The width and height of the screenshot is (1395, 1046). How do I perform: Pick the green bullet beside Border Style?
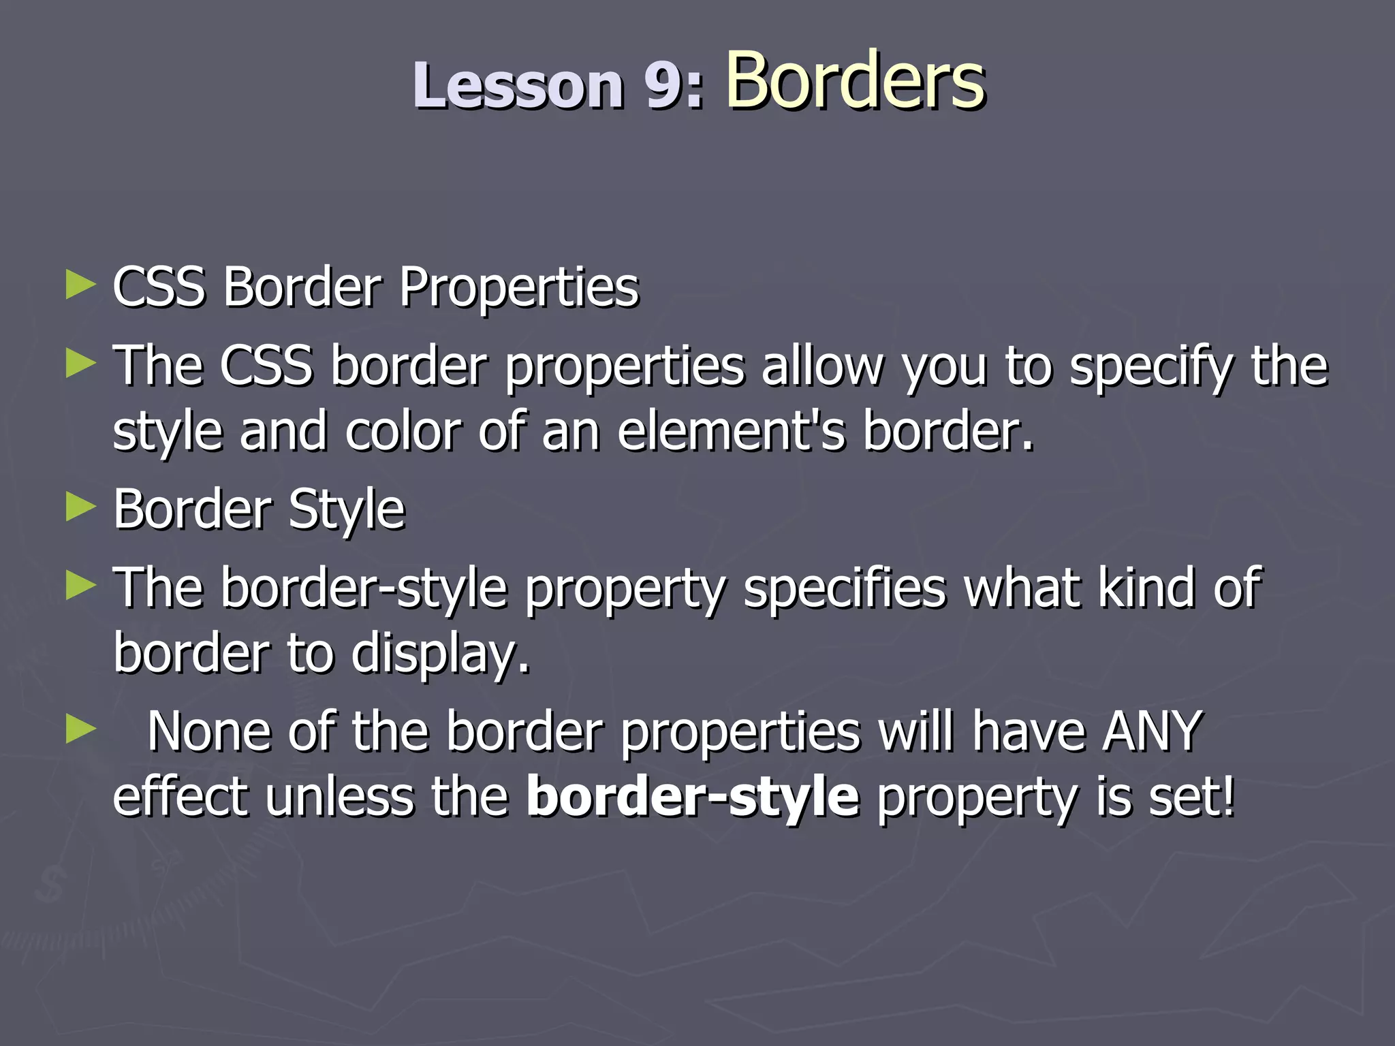coord(80,507)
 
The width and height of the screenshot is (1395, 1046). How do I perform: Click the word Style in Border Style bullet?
coord(347,511)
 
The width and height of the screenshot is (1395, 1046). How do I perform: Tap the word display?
coord(439,654)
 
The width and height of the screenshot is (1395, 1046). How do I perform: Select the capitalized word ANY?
coord(1152,731)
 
